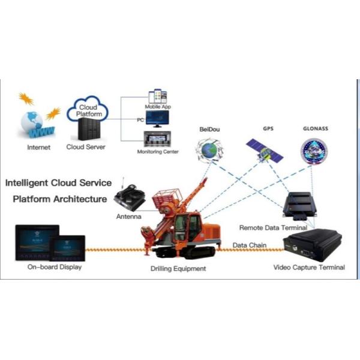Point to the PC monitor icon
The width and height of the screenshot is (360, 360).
point(158,121)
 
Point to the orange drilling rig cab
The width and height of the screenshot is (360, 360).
point(193,227)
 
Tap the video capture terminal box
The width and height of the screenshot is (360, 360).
point(311,245)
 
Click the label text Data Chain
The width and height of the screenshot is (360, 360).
point(249,245)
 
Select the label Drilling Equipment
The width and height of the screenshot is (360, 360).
point(178,268)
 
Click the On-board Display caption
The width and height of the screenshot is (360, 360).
point(54,267)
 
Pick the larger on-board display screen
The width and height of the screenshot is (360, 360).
point(36,241)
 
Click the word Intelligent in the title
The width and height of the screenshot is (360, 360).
point(34,182)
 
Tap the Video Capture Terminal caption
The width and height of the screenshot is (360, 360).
point(309,267)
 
